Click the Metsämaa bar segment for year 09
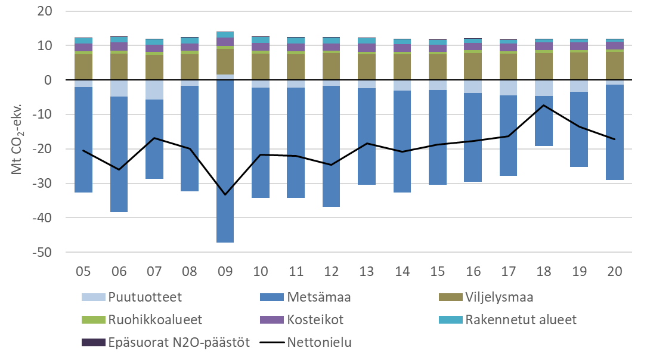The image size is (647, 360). click(x=225, y=161)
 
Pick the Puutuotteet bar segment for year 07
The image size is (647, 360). click(x=154, y=89)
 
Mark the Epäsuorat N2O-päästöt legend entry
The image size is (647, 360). click(x=167, y=342)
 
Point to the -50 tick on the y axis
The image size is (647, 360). click(x=44, y=253)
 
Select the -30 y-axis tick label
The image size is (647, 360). click(x=44, y=184)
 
